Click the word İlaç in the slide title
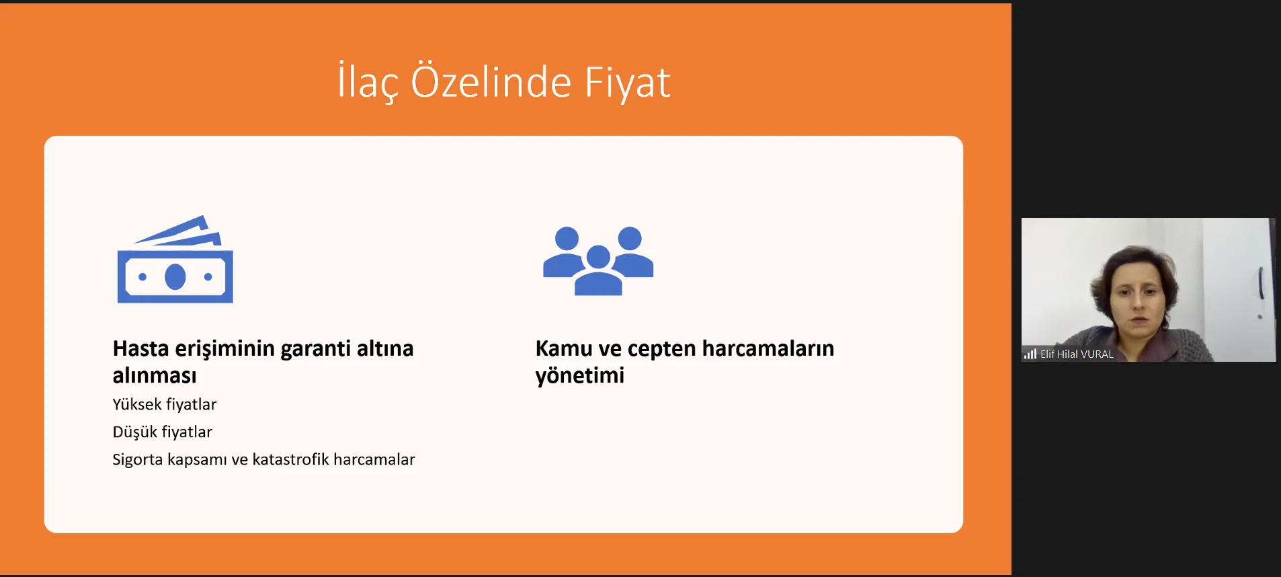368,82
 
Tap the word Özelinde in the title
491,81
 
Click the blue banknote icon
175,260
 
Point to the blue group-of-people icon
598,261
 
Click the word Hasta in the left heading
141,348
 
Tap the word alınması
155,375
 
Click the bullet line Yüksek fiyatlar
165,404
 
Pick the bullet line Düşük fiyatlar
163,432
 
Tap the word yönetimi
580,376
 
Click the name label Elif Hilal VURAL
1077,354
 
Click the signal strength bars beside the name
1030,354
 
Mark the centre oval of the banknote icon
175,276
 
